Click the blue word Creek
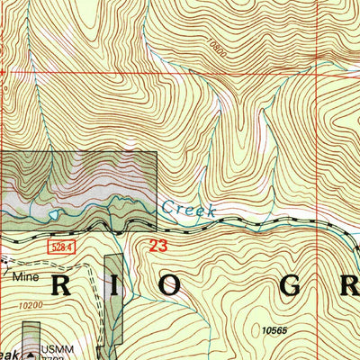coord(188,209)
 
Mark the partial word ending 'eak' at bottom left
coord(9,354)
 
